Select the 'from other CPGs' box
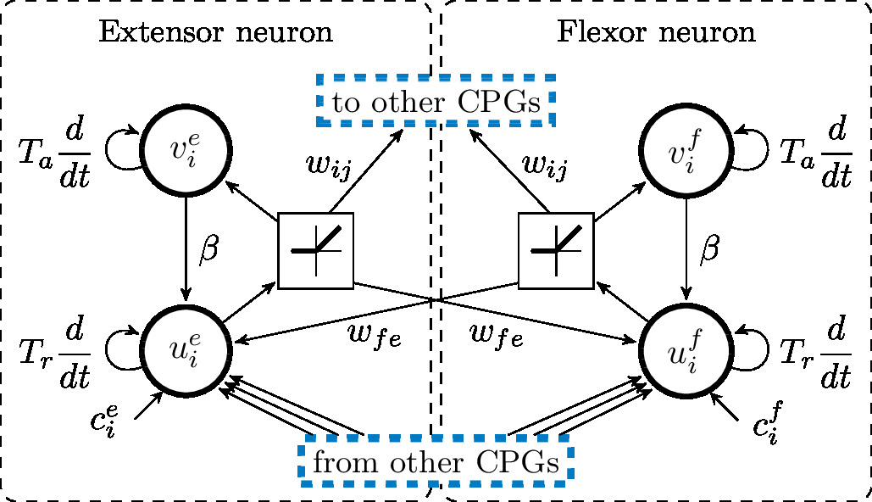pos(436,463)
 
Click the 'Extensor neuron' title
pos(216,33)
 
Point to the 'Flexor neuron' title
pos(656,33)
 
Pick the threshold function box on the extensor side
pos(315,249)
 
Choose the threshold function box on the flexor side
pos(555,249)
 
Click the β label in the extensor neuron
pos(208,252)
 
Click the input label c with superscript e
pos(115,420)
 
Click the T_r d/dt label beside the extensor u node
pos(56,351)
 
